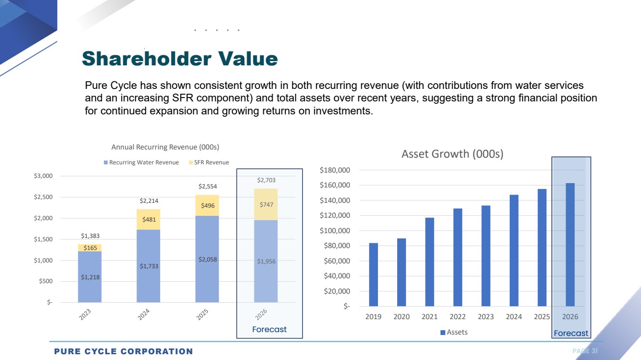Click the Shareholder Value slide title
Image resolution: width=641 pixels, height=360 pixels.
click(x=179, y=59)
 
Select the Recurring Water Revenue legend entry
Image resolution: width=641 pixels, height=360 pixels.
click(x=141, y=162)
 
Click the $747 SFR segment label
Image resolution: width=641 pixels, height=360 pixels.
click(x=266, y=204)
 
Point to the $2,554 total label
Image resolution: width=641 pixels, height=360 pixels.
click(x=207, y=186)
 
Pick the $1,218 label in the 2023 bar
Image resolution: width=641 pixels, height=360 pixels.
click(x=90, y=276)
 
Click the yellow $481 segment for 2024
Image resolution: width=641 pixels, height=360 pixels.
click(x=148, y=220)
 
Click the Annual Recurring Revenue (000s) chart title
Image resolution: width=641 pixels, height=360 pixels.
click(x=165, y=147)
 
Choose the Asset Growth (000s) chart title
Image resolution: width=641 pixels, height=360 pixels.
click(x=452, y=154)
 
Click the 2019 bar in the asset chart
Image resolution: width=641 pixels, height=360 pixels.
click(x=374, y=274)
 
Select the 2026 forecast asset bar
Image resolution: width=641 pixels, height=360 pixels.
click(x=570, y=245)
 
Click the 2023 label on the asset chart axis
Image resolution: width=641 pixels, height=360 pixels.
click(x=486, y=317)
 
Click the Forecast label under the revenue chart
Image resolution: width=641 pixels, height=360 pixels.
click(x=269, y=329)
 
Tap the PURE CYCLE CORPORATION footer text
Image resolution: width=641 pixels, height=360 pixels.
click(x=123, y=351)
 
